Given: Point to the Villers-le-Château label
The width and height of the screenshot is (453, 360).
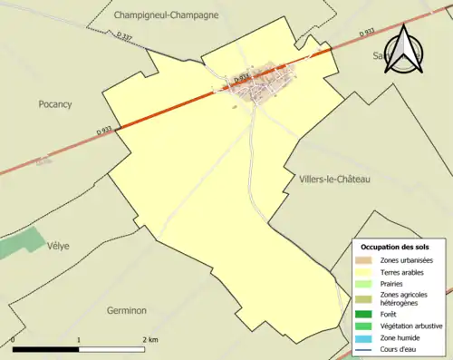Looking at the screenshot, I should click(334, 180).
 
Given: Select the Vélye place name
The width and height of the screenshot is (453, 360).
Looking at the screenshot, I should click(59, 246).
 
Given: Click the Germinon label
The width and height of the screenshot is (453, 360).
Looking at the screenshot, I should click(126, 310).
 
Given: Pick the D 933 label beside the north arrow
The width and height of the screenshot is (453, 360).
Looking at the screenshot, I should click(365, 33).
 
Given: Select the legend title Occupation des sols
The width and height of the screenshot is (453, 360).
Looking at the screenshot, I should click(395, 248).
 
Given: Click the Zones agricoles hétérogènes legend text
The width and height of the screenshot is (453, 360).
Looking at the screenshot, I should click(404, 298).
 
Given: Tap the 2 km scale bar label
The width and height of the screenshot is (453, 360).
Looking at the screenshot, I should click(149, 339).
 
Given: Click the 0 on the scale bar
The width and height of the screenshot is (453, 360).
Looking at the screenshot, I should click(14, 339).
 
